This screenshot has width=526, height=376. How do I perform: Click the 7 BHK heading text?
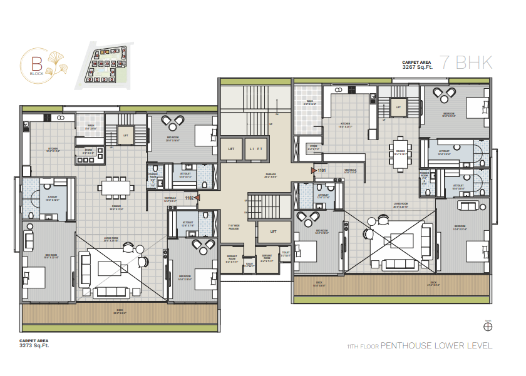coord(466,63)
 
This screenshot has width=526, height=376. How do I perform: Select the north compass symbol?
coord(488,326)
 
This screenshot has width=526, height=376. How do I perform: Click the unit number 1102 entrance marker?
coord(190,198)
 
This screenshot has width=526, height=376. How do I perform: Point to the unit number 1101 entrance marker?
coord(320,170)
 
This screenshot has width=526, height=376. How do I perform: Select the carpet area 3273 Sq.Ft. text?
coord(35,343)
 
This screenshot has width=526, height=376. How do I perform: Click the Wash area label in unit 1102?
coord(91,126)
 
